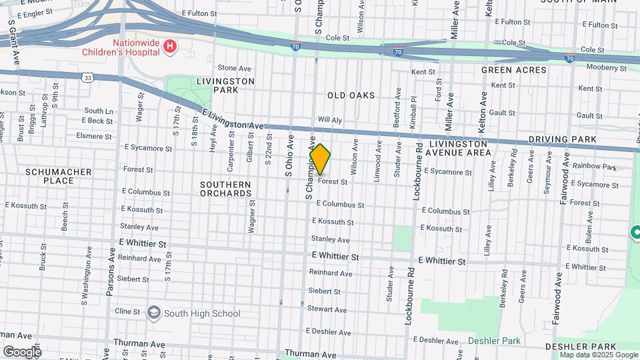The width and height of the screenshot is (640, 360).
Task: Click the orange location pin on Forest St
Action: click(x=320, y=159)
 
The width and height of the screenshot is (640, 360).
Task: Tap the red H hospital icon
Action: click(x=171, y=46)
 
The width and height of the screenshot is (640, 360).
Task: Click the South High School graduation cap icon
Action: click(x=154, y=313)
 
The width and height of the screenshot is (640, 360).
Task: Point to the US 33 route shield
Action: click(x=88, y=78)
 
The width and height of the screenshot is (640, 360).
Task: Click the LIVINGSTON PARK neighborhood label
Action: click(x=226, y=85)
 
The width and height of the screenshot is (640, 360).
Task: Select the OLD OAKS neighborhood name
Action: click(x=351, y=96)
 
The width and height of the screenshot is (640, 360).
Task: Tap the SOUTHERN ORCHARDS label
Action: click(x=226, y=189)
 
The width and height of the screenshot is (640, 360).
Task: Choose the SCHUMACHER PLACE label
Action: click(x=58, y=176)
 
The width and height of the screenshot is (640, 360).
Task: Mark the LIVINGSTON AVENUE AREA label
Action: click(x=460, y=148)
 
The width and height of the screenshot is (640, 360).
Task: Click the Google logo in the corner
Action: click(x=21, y=351)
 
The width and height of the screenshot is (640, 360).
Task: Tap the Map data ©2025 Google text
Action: click(x=597, y=355)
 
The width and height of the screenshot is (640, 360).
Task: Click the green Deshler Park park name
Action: click(x=494, y=341)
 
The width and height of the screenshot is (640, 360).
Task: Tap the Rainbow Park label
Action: click(x=595, y=167)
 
